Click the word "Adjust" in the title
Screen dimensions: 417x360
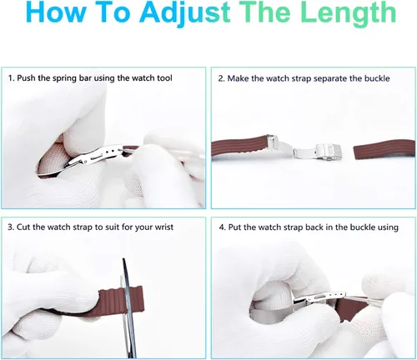tap(185, 13)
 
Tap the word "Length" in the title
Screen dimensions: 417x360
tap(348, 13)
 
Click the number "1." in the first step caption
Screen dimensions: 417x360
tap(11, 78)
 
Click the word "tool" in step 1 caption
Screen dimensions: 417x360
tap(164, 78)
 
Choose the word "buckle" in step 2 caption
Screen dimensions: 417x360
tap(377, 78)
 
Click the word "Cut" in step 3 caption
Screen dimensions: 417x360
tap(23, 227)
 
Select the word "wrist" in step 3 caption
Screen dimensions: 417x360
tap(164, 227)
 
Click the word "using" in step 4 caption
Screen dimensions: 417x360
tap(388, 227)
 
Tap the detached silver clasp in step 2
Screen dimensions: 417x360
tap(319, 152)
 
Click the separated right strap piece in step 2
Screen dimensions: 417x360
tap(384, 150)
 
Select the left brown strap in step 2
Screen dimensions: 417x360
tap(239, 147)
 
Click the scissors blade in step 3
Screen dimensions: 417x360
tap(129, 306)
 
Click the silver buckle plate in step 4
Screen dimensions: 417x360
tap(319, 297)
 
